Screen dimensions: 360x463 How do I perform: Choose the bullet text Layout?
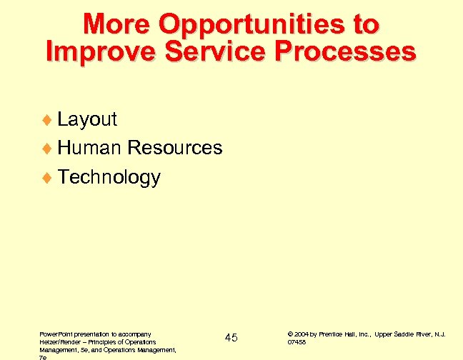(x=87, y=119)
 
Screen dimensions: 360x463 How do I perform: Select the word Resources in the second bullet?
(x=174, y=148)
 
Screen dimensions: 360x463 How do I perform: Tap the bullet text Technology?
(x=109, y=176)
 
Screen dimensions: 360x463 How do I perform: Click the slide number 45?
(x=231, y=337)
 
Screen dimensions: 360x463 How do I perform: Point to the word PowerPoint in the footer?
(x=55, y=334)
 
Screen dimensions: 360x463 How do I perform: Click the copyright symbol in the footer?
(x=290, y=334)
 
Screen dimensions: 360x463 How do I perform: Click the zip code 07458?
(x=297, y=342)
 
